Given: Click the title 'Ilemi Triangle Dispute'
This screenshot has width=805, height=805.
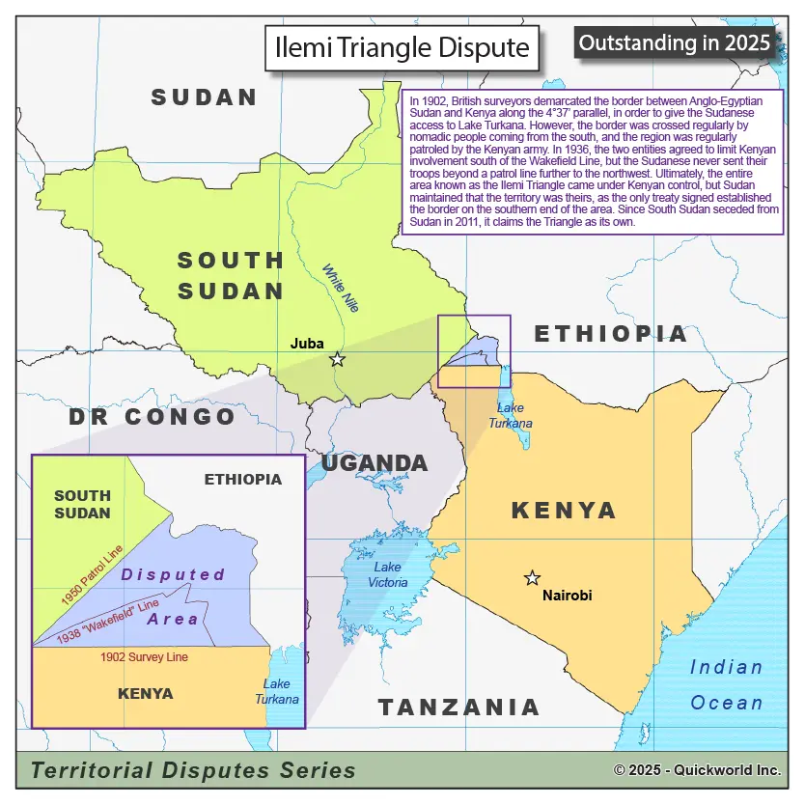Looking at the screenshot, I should coord(402,48).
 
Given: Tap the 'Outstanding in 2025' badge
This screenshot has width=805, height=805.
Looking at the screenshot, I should coord(676,42).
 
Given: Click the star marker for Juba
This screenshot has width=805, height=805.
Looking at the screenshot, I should coord(337,359).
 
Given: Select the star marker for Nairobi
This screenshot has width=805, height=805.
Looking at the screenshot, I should coord(532,578).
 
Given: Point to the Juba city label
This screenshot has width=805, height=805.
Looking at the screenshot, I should coord(307,343).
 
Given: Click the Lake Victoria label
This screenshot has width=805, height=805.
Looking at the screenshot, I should coord(387,574).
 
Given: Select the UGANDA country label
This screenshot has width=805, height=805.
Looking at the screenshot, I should coord(375,463).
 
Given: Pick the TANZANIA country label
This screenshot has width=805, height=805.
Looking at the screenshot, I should coord(458,708).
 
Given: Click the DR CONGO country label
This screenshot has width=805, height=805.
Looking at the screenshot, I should coord(152,417).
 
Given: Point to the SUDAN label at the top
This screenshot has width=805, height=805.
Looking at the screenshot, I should coord(204,97).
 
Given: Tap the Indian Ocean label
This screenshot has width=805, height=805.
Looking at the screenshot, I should coord(726,684).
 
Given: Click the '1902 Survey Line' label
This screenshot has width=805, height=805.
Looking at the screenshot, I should coord(144,657).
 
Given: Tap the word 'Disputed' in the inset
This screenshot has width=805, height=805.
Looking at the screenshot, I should coord(173,574).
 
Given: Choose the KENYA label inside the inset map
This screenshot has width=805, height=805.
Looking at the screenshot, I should coord(145,693).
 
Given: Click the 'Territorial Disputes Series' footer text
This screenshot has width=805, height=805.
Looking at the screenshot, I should coord(193,770).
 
